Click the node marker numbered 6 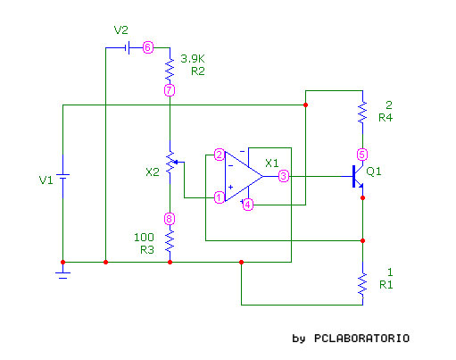coord(148,47)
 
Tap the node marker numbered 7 coord(170,90)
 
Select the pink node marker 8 coord(170,219)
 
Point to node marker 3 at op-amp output coord(284,176)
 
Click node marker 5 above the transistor coord(362,155)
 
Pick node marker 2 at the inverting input coord(220,155)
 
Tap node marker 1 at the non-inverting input coord(220,197)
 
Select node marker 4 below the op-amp coord(248,205)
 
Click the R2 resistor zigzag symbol coord(170,69)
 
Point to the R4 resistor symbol coord(362,113)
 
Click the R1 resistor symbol coord(362,284)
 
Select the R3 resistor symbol coord(170,240)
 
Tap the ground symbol coord(62,273)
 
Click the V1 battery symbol coord(62,176)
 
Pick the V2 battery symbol coord(128,47)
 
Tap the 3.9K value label coord(193,59)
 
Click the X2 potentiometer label coord(153,172)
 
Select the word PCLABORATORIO coord(361,339)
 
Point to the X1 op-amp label coord(272,163)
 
